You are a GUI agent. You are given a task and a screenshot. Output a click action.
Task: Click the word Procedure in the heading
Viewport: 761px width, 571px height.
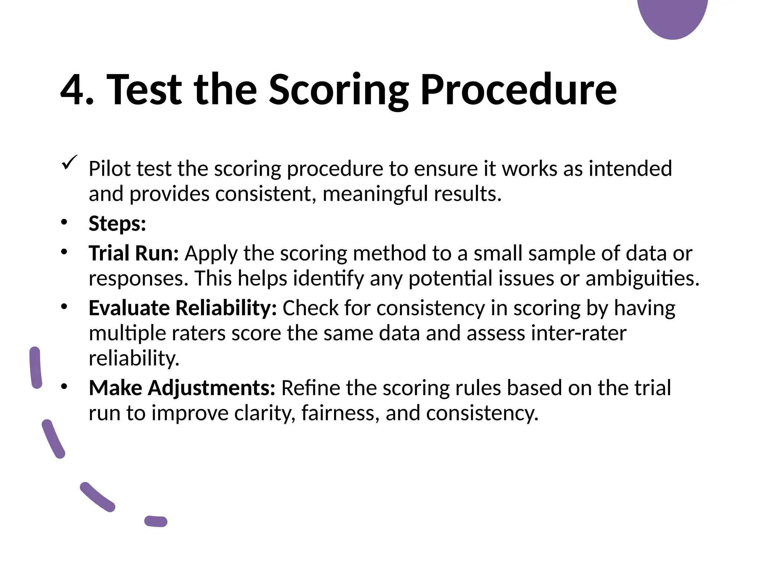pos(518,90)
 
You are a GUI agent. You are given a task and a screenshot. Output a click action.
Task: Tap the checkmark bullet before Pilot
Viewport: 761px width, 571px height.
pos(69,162)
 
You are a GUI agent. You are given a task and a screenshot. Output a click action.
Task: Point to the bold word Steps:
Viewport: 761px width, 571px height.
pos(117,224)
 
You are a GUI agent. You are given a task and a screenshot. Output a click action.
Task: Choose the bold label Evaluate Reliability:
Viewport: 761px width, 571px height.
pos(182,308)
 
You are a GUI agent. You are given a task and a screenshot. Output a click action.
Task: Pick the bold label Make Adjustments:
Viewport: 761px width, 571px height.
pos(182,388)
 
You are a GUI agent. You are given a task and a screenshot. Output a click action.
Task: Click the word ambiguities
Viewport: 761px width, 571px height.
pos(642,278)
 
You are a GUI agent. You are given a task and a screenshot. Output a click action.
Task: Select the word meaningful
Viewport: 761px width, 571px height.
pos(375,194)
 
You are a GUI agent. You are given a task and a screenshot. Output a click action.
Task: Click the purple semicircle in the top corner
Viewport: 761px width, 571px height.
pos(673,17)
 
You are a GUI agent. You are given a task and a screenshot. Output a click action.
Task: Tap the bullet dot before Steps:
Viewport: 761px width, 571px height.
pos(64,223)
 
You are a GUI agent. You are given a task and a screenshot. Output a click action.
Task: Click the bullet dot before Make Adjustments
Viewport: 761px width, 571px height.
pos(64,387)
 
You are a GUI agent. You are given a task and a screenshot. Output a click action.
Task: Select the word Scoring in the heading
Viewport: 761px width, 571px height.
pos(338,90)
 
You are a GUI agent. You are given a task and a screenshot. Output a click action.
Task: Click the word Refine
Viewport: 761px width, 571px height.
pos(311,388)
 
